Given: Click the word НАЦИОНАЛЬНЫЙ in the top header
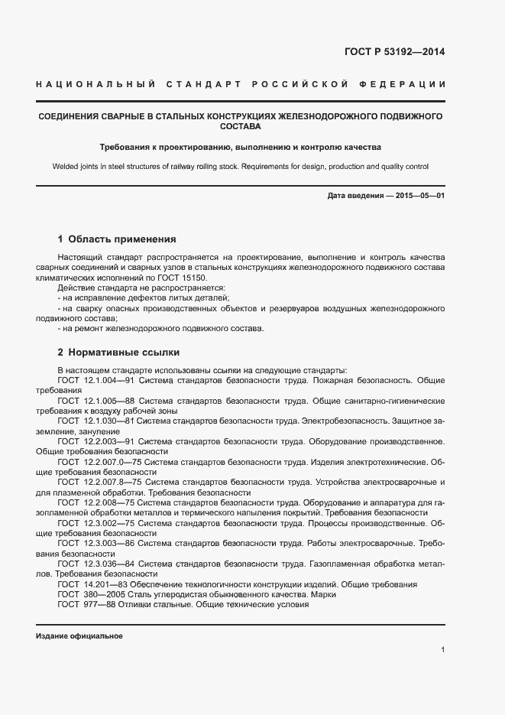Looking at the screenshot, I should pyautogui.click(x=96, y=83).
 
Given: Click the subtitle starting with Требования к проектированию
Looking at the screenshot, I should pyautogui.click(x=240, y=146).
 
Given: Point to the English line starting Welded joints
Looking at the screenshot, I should pyautogui.click(x=240, y=166).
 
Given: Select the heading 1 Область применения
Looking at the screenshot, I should pyautogui.click(x=117, y=239).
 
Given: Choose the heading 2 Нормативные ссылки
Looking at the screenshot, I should pyautogui.click(x=118, y=353).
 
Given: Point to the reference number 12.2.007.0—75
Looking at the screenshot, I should pyautogui.click(x=113, y=463).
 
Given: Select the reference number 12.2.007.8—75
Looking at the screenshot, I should pyautogui.click(x=113, y=483).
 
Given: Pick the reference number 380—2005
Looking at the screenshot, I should pyautogui.click(x=102, y=594).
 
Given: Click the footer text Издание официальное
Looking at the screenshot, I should pyautogui.click(x=79, y=636).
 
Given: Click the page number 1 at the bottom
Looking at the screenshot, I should pyautogui.click(x=442, y=650).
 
